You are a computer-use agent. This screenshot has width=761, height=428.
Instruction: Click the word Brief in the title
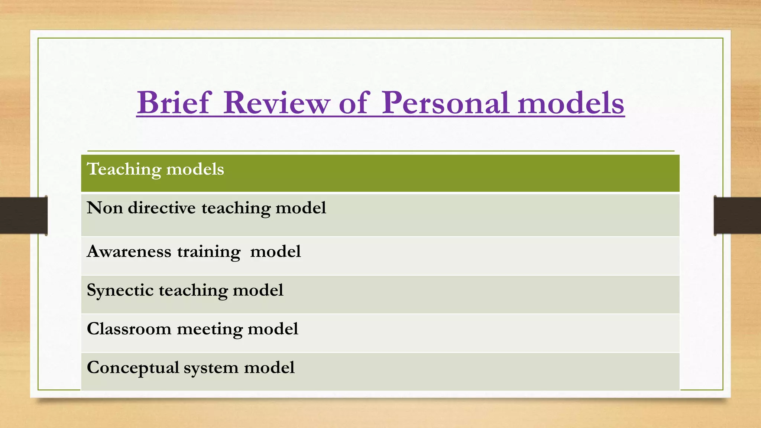(x=174, y=103)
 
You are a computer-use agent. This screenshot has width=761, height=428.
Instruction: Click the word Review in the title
(x=277, y=103)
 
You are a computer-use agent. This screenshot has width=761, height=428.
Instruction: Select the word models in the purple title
(x=571, y=103)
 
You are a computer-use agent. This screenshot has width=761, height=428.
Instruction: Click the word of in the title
(x=353, y=103)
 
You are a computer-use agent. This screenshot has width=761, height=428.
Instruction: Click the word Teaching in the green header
(x=124, y=169)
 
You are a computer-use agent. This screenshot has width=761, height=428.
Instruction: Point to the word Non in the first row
(x=105, y=208)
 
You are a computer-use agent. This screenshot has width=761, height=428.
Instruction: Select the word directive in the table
(x=162, y=208)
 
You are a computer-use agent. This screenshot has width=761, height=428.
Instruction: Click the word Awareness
(x=129, y=252)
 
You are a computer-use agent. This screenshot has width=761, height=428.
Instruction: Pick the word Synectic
(x=120, y=291)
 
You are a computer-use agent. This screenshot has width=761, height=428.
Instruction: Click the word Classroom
(x=129, y=329)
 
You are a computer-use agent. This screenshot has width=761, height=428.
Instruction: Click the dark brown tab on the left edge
(x=23, y=215)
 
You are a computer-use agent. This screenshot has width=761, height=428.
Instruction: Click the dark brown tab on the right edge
(x=737, y=215)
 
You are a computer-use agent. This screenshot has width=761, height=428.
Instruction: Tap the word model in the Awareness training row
(x=275, y=252)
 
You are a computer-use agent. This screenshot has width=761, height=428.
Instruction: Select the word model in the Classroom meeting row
(x=273, y=329)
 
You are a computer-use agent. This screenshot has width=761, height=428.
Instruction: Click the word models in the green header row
(x=195, y=169)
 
